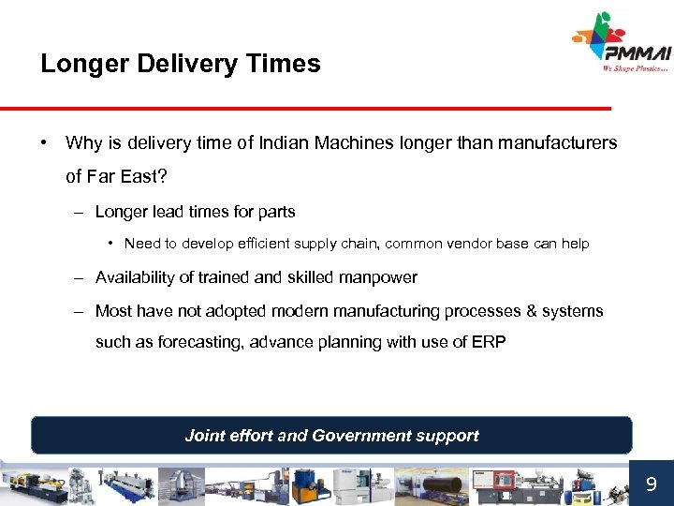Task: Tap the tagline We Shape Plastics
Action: coord(636,67)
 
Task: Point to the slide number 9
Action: coord(651,484)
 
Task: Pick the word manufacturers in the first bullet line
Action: coord(560,143)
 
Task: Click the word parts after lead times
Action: coord(276,212)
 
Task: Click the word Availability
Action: coord(141,277)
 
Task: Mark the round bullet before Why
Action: coord(44,143)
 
